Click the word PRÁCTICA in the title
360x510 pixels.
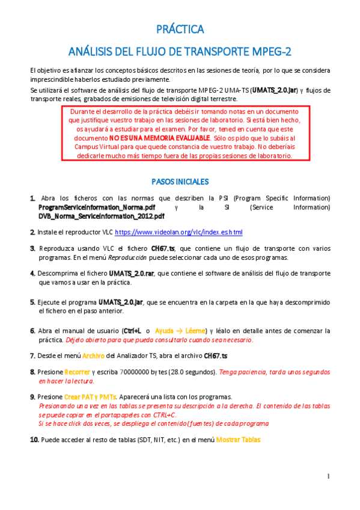[180, 29]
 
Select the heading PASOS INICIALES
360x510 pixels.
[180, 181]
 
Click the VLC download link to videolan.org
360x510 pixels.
[178, 232]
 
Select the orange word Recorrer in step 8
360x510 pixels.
[77, 372]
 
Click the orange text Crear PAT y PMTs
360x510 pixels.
[90, 398]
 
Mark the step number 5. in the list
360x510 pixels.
[32, 302]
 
